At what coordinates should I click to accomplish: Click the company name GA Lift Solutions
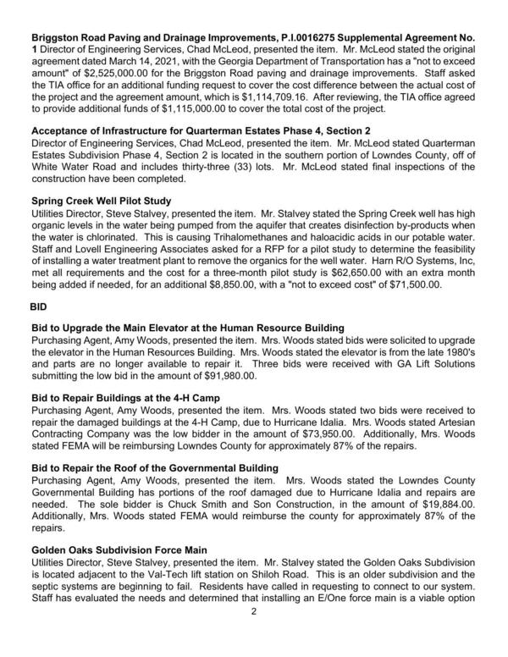[x=430, y=361]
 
